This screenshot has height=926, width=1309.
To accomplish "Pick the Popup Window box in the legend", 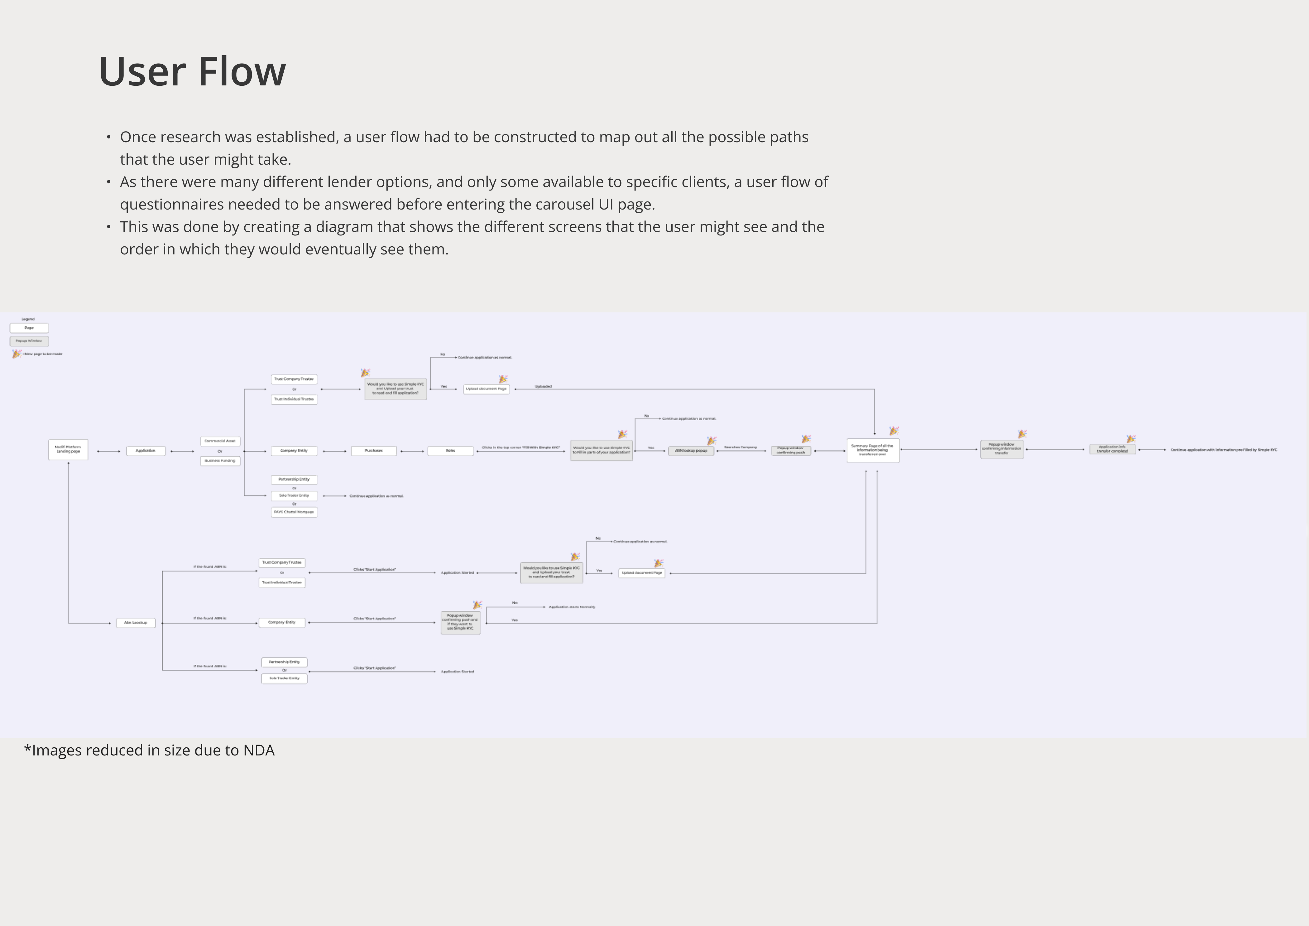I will (29, 341).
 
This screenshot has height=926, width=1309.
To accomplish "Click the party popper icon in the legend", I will (17, 354).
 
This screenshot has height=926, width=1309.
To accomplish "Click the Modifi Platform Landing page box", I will (69, 449).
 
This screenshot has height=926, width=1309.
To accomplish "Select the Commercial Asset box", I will (220, 441).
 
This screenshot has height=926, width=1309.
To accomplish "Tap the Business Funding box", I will (220, 461).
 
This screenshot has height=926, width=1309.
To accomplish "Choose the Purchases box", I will (373, 451).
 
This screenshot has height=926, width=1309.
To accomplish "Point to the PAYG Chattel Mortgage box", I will (294, 512).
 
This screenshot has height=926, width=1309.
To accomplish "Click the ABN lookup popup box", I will (691, 451).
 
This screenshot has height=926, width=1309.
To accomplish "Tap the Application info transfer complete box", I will (1112, 449).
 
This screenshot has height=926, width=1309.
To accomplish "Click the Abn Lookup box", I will (136, 623).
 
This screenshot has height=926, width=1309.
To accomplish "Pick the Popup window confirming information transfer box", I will (1002, 449).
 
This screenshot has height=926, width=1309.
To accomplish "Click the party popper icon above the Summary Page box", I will (894, 431).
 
